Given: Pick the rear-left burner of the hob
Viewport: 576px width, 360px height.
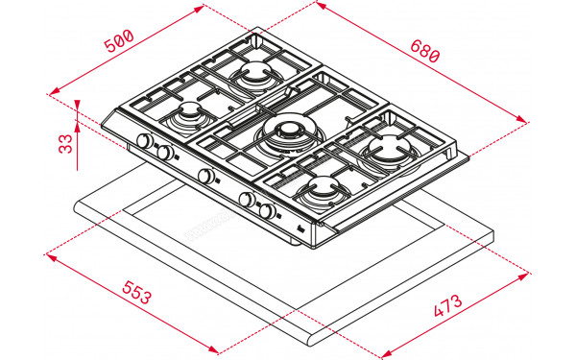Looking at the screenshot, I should click(255, 74).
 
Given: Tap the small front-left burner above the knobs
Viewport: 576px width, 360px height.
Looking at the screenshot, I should click(189, 115).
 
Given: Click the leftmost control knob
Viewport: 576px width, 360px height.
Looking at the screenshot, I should click(144, 143).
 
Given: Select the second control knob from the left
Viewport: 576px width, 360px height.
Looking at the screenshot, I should click(165, 153).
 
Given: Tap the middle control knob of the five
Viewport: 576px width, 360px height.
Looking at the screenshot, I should click(205, 176).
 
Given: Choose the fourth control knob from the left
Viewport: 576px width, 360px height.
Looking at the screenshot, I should click(247, 200).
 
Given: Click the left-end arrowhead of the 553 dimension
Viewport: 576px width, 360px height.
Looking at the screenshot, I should click(50, 254).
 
